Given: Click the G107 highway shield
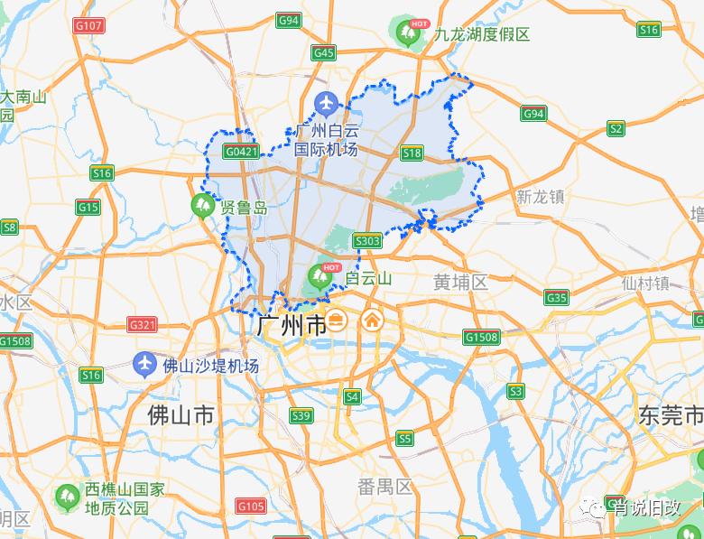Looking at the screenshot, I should tap(88, 25).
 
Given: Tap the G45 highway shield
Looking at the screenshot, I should tap(323, 53).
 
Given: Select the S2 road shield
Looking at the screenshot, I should tap(616, 129).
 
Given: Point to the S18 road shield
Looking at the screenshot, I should tap(412, 153).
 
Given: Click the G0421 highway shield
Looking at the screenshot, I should tap(242, 152).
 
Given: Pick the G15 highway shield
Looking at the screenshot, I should tap(88, 208).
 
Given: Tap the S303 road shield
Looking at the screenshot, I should tap(367, 241).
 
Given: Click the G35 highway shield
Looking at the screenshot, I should tap(557, 298).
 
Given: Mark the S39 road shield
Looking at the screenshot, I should tap(301, 415).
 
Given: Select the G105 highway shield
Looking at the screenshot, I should tap(250, 506).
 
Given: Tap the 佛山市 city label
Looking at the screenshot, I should tap(181, 415).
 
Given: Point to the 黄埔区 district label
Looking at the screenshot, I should tap(460, 283).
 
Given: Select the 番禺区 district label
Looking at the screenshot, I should tap(384, 488).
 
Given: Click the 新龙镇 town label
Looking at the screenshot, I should tap(540, 197).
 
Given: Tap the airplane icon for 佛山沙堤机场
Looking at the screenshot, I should tap(144, 365).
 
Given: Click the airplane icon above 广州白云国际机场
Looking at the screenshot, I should tap(326, 105).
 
